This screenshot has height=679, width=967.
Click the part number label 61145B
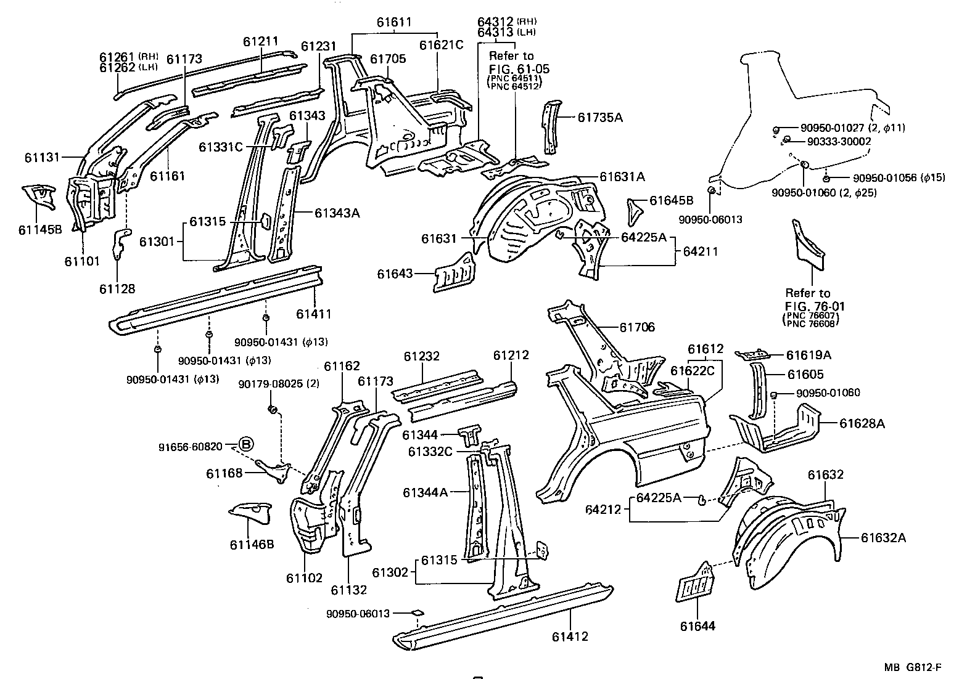40,230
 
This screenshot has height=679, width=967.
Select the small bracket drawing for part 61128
123,243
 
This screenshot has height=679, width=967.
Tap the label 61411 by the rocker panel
313,314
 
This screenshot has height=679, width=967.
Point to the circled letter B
245,444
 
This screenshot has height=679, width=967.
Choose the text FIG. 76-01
815,306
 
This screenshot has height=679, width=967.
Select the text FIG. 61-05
519,68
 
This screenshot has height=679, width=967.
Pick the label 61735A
600,117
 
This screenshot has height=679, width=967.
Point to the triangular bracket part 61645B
635,209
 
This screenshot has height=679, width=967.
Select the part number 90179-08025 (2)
279,384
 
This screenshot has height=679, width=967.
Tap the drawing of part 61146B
252,512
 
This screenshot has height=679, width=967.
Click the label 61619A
809,355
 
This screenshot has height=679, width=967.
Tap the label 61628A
862,423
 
